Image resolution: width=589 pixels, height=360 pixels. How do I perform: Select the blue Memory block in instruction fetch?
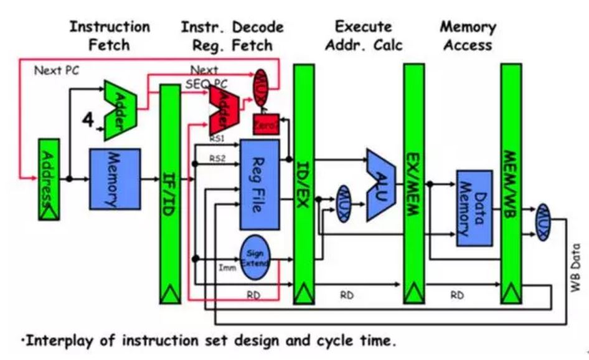click(x=115, y=178)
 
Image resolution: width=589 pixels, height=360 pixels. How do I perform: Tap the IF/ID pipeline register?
click(x=170, y=187)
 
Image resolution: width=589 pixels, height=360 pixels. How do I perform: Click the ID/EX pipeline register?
click(x=304, y=181)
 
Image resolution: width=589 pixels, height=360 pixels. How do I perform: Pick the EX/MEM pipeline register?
click(x=413, y=181)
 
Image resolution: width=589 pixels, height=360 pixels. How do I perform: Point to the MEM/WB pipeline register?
click(x=511, y=181)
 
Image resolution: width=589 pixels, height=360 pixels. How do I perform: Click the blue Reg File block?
click(x=260, y=184)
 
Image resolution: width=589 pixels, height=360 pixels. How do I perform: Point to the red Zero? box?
click(x=266, y=125)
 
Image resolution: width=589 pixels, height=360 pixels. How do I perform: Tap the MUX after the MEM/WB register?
click(x=543, y=222)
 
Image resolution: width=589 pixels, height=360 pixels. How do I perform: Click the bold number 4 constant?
click(x=88, y=119)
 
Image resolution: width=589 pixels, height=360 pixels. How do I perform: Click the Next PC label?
click(x=57, y=70)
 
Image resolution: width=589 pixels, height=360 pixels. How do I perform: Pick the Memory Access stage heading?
click(x=468, y=36)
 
